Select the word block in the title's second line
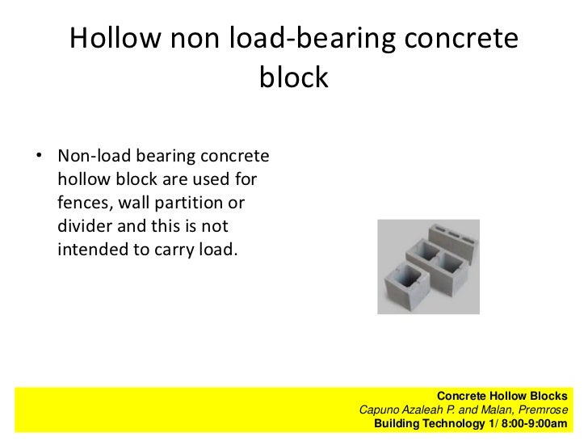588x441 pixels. coord(294,78)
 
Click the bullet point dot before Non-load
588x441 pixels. coord(38,155)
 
